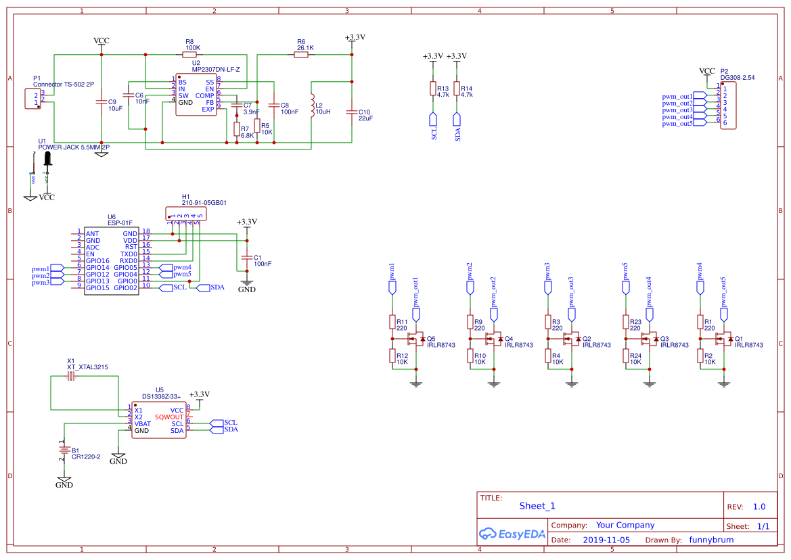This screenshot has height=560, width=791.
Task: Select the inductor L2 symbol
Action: [x=312, y=105]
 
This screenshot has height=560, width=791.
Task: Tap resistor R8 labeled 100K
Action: [x=189, y=55]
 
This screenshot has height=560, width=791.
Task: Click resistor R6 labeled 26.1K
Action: [x=301, y=55]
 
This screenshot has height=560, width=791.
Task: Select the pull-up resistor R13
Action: [x=433, y=89]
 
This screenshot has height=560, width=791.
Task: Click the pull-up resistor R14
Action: [x=457, y=89]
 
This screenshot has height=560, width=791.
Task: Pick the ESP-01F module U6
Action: [x=111, y=260]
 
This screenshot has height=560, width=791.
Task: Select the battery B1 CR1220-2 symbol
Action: [x=64, y=451]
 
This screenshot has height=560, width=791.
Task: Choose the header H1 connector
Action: [x=186, y=213]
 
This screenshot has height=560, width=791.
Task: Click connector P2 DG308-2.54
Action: [x=728, y=106]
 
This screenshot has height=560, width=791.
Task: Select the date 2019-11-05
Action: [x=606, y=540]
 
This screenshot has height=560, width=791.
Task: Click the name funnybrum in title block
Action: [x=711, y=540]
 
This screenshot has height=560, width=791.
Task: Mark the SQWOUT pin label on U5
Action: [x=168, y=417]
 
